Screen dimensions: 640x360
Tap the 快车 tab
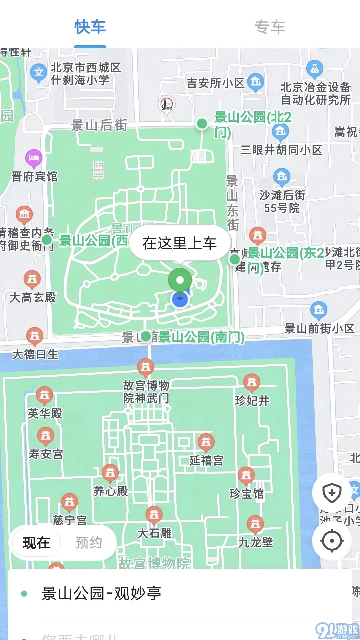pos(90,27)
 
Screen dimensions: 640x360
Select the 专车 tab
pos(270,27)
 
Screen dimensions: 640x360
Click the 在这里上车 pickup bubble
pos(180,243)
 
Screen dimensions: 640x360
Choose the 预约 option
pos(88,543)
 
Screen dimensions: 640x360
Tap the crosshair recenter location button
pos(332,541)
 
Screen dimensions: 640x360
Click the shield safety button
pos(332,493)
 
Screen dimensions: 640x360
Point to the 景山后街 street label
pos(99,125)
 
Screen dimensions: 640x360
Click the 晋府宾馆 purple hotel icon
pos(34,157)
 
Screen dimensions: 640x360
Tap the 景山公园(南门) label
pos(201,337)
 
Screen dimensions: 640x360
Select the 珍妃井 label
pos(252,400)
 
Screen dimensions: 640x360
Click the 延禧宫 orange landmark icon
pos(206,442)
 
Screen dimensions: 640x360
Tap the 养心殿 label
pos(111,491)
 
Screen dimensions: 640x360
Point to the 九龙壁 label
pos(256,542)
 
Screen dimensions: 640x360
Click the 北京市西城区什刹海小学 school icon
pos(39,72)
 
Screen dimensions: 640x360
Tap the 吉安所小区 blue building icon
pos(256,81)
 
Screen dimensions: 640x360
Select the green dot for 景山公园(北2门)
pos(202,124)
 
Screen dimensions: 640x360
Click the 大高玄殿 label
pos(33,297)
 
